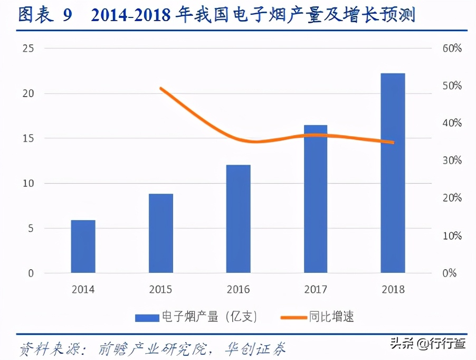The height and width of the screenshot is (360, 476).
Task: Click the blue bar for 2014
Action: click(83, 247)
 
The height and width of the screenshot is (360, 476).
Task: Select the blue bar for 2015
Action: click(160, 233)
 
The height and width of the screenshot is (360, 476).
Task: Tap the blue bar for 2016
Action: click(238, 219)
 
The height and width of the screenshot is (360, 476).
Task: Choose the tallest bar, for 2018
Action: click(393, 173)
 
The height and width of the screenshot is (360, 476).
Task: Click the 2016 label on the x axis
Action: click(238, 289)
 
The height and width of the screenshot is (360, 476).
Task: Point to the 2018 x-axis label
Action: click(393, 289)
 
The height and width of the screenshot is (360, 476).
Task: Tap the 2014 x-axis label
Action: click(83, 289)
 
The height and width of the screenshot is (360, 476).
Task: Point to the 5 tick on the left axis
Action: click(31, 229)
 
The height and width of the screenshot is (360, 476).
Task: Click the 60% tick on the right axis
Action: click(452, 49)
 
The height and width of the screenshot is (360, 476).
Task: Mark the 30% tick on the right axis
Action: click(452, 160)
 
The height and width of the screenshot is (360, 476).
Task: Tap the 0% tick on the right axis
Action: click(449, 273)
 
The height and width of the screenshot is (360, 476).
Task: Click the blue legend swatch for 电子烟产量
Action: click(147, 317)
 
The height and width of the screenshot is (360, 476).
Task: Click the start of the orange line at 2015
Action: click(160, 88)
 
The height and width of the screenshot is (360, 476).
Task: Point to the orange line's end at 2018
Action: click(393, 142)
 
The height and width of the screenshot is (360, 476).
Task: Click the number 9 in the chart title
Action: click(67, 16)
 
